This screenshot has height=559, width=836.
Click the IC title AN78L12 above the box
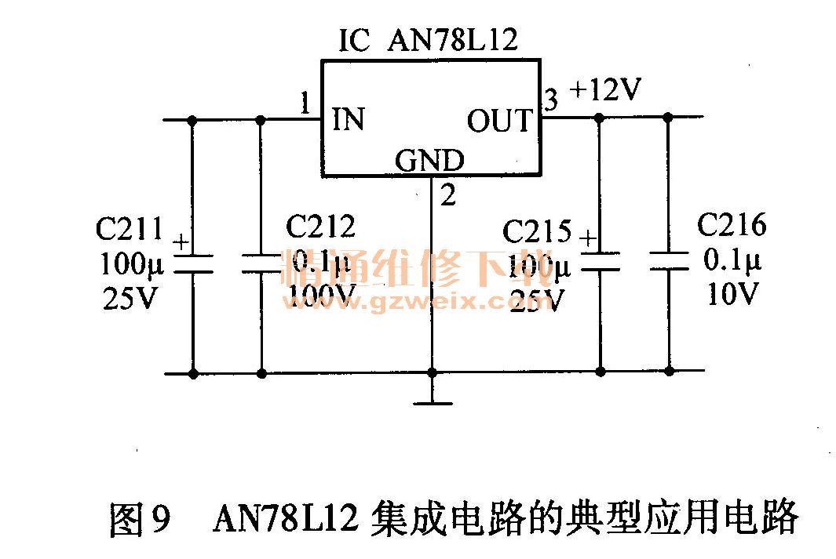point(453,39)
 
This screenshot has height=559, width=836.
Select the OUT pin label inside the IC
point(499,121)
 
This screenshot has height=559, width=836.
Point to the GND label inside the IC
point(429,161)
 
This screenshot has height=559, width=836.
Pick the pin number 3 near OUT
point(551,100)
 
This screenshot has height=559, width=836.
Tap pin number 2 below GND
point(447,195)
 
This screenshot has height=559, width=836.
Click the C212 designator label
point(320,227)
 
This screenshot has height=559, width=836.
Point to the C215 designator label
point(537,232)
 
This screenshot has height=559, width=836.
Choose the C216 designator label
point(732,226)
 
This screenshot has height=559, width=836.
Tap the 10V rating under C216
point(732,294)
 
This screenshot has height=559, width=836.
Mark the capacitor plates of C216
point(669,260)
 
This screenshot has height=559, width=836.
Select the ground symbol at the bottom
point(431,402)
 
